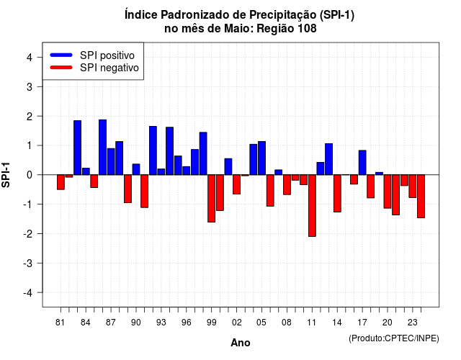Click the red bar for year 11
click(x=312, y=206)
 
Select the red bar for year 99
click(x=211, y=199)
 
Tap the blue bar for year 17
click(x=362, y=163)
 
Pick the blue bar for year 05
click(x=261, y=158)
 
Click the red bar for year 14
click(x=337, y=194)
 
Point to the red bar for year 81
click(x=61, y=182)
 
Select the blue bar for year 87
click(x=111, y=161)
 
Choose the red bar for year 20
click(x=388, y=192)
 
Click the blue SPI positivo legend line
click(x=61, y=55)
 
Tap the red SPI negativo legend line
click(x=61, y=68)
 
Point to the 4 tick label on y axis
click(x=30, y=58)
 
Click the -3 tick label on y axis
click(x=28, y=264)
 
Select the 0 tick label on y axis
click(x=30, y=175)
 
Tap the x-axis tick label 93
click(x=161, y=323)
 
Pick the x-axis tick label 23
click(x=413, y=323)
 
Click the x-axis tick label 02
click(x=237, y=323)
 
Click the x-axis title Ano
click(x=241, y=343)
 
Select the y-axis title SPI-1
click(x=6, y=175)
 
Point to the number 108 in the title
click(x=307, y=29)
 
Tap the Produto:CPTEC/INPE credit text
click(x=394, y=338)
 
